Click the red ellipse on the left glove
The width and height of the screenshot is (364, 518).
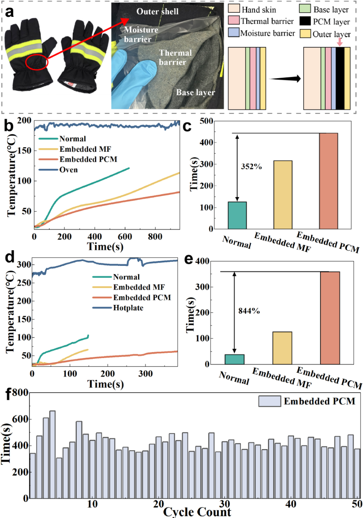pos(37,62)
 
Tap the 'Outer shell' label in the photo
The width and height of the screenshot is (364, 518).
pos(157,12)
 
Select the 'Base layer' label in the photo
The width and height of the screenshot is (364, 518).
pos(195,92)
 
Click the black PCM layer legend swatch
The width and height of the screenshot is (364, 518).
pos(305,21)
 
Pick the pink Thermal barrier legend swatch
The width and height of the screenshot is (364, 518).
pos(234,21)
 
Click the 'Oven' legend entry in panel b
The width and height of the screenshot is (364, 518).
pos(68,170)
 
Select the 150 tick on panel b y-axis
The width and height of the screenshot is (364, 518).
pos(24,150)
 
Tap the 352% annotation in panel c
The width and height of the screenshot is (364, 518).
pos(251,167)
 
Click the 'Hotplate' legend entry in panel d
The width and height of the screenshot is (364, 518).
pos(128,308)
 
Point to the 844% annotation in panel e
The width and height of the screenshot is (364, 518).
pos(249,311)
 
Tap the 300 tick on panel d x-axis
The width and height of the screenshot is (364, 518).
pos(145,373)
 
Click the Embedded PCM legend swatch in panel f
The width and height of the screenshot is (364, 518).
pos(269,401)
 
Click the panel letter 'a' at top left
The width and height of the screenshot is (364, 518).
pos(10,12)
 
